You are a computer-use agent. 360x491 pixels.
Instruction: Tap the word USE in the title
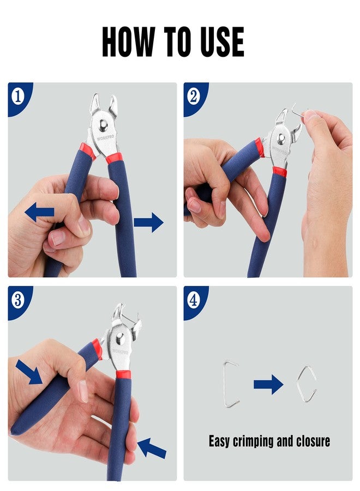click(x=218, y=41)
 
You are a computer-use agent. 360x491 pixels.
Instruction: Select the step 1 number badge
click(x=18, y=97)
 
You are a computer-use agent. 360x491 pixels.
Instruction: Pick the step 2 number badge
click(x=194, y=97)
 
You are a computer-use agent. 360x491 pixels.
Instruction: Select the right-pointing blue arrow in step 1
click(x=148, y=222)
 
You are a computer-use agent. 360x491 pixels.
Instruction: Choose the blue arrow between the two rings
click(x=268, y=385)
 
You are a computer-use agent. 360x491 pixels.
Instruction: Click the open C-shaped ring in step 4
click(x=230, y=384)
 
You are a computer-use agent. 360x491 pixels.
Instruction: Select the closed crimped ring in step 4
click(x=306, y=384)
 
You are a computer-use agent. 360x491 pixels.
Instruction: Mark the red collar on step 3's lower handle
click(x=123, y=375)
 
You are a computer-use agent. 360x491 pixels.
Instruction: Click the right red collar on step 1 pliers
click(x=114, y=158)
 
